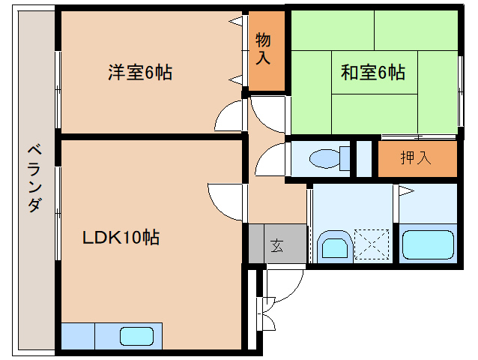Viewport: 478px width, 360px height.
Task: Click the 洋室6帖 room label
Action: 140,73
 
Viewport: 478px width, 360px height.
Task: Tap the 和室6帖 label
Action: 372,73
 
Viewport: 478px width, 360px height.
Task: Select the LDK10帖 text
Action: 121,238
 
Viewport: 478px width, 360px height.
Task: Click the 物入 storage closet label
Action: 263,49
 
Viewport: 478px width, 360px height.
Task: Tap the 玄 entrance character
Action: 276,245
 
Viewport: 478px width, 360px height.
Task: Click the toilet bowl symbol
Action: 328,158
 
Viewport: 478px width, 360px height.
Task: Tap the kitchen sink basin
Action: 136,337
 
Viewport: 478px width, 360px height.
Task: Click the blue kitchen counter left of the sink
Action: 78,337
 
